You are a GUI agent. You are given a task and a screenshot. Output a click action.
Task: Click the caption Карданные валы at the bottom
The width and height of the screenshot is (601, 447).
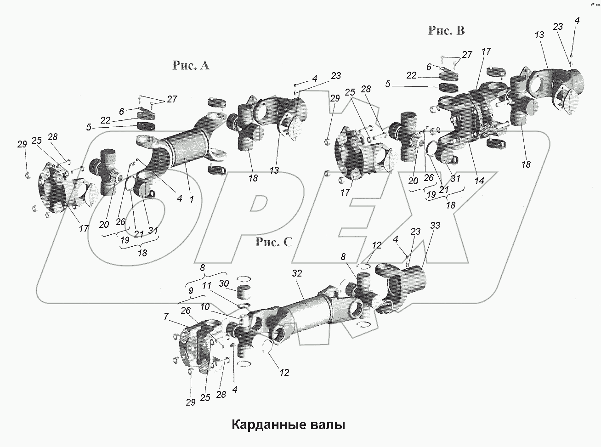pos(288,424)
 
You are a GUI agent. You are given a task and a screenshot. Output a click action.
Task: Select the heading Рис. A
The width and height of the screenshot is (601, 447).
pos(191,66)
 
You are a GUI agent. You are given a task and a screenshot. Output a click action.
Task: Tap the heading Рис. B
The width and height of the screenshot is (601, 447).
pos(446,30)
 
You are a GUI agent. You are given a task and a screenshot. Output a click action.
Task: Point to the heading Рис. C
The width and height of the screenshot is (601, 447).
pos(274,242)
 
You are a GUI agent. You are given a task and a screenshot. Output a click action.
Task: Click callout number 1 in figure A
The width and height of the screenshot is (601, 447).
pos(192,199)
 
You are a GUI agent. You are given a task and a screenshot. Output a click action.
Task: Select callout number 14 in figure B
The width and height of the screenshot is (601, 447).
pos(479,181)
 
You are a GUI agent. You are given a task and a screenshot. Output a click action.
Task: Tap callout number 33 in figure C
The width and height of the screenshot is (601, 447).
pos(435,226)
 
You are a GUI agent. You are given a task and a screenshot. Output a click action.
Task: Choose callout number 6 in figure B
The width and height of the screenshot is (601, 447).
pos(429,67)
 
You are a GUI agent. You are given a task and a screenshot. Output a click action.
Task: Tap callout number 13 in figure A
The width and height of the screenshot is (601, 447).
pos(274,170)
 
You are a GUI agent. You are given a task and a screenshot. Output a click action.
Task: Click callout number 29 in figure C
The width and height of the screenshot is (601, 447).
pos(191,402)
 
